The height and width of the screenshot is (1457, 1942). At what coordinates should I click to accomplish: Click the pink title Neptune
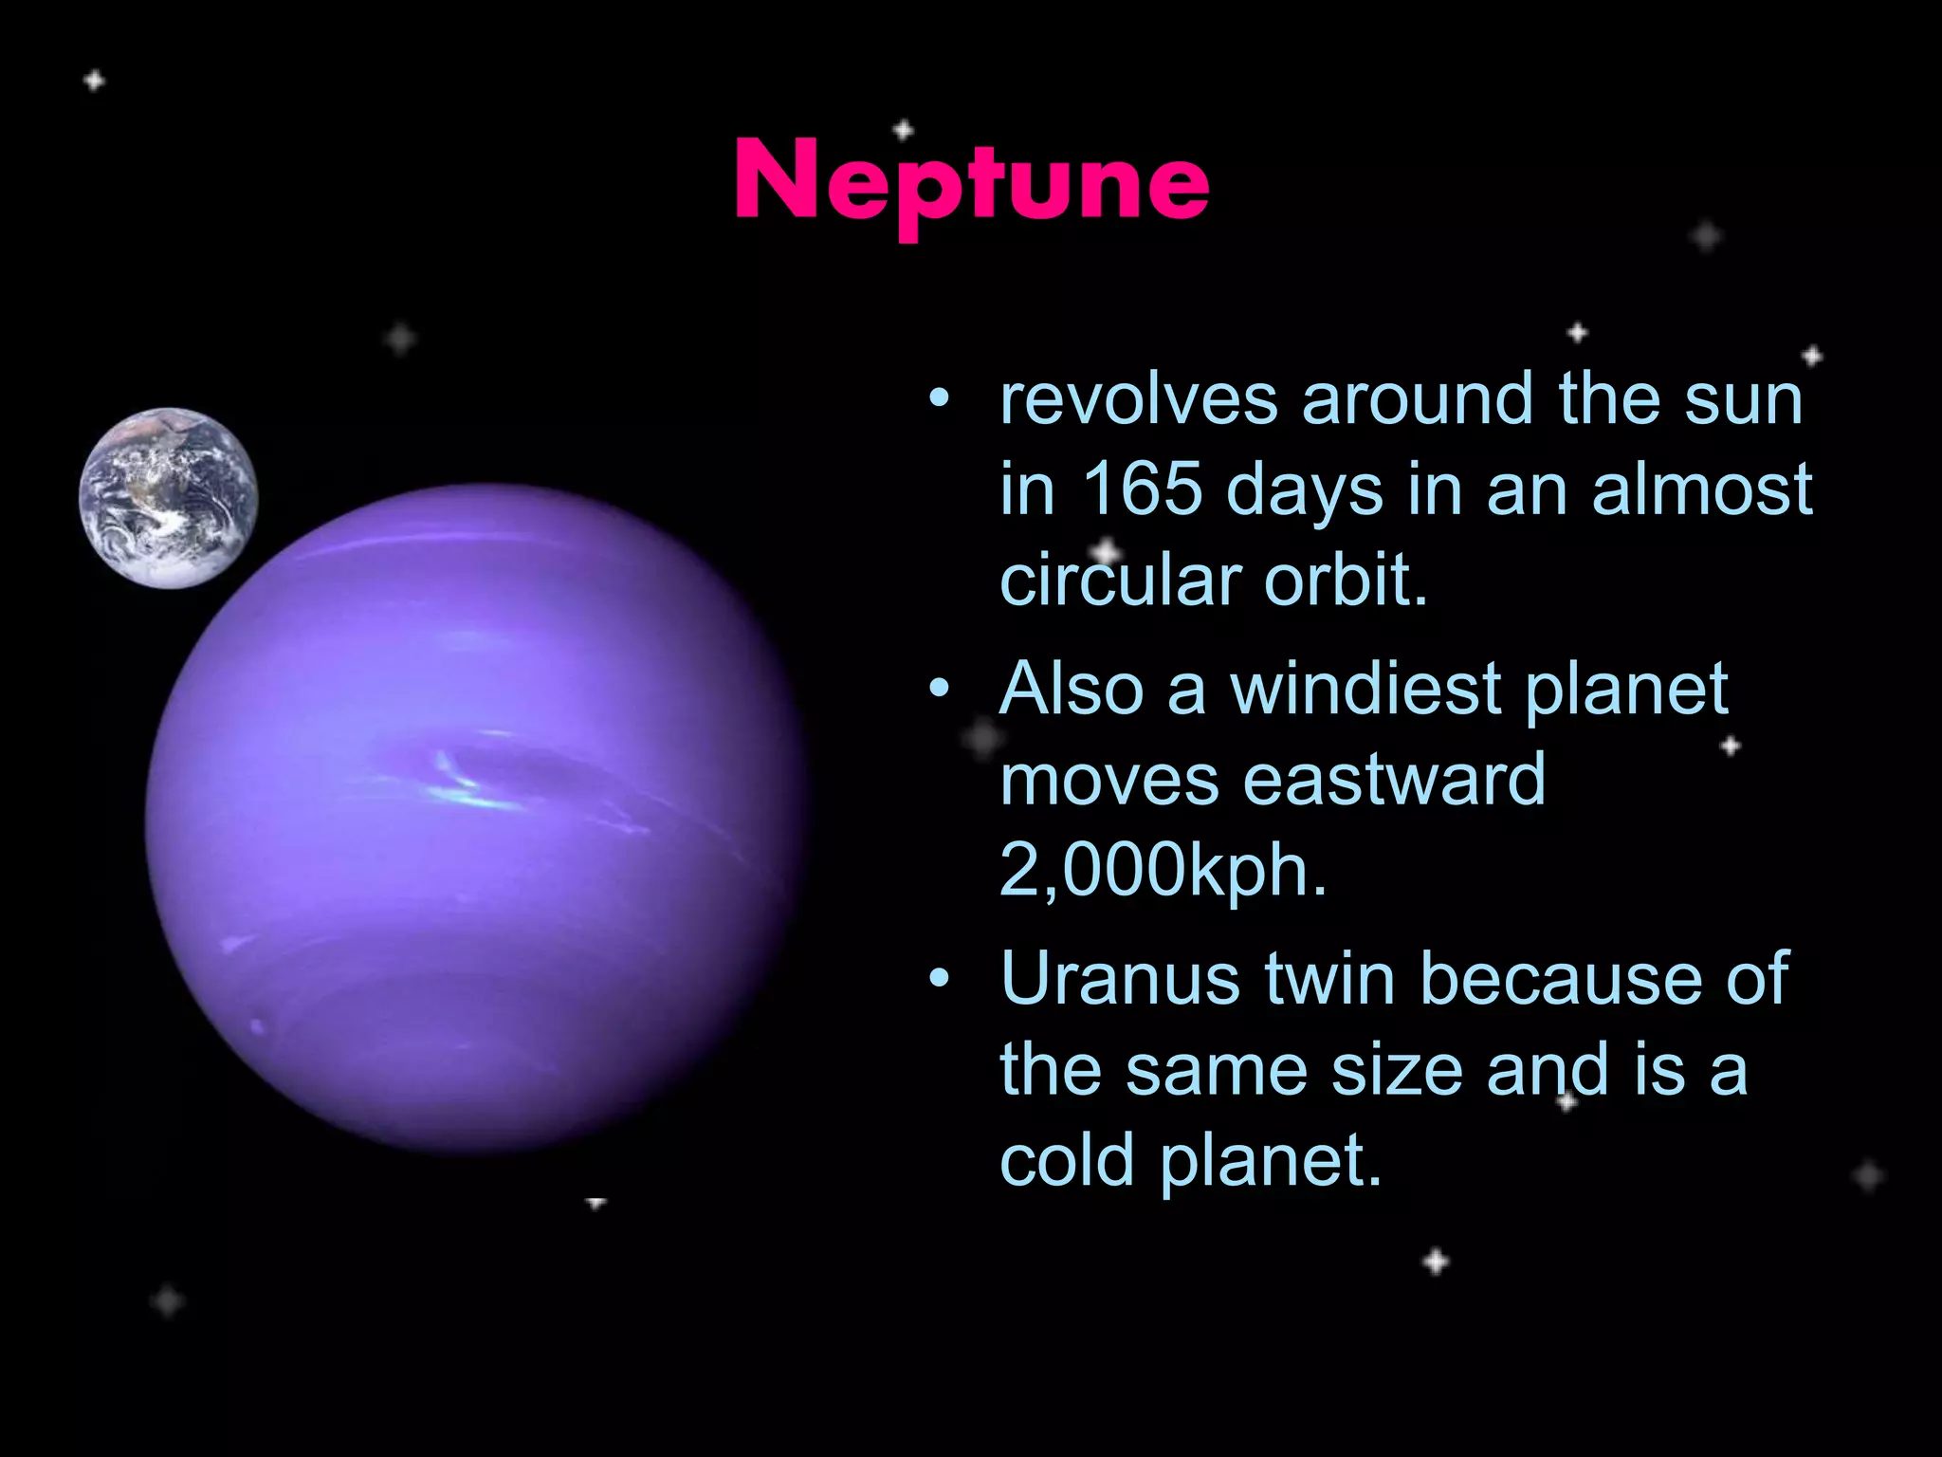[x=971, y=180]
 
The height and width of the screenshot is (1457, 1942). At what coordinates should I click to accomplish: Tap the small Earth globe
[x=168, y=498]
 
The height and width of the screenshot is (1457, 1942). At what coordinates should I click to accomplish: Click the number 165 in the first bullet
[x=1142, y=489]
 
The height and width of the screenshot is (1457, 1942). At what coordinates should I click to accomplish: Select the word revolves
[x=1139, y=399]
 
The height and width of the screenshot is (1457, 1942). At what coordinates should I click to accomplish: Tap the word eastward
[x=1394, y=780]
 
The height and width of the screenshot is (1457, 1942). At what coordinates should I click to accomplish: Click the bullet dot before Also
[x=939, y=690]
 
